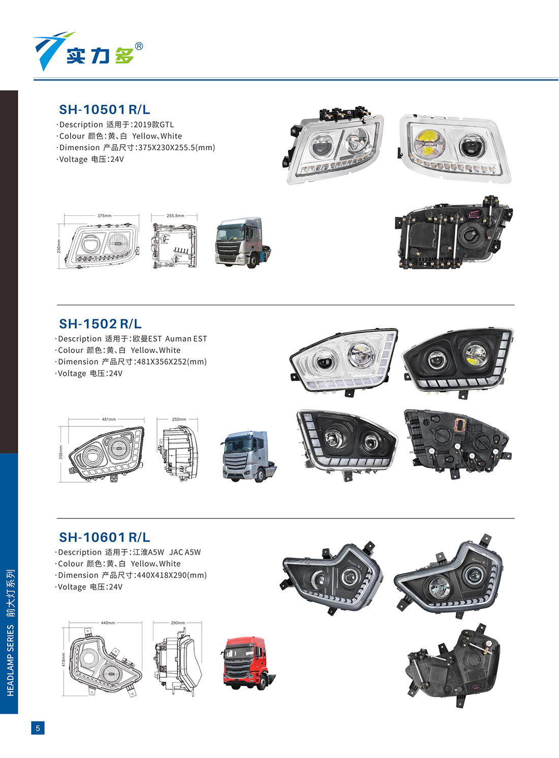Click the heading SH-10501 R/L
[104, 109]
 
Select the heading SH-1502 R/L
[100, 323]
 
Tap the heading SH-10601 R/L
[104, 537]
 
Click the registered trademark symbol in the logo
[139, 46]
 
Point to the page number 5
[38, 728]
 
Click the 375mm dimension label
[104, 216]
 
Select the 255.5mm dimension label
[175, 216]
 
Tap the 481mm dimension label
[109, 419]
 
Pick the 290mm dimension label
[178, 622]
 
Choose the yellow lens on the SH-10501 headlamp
[428, 142]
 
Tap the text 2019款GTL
[153, 124]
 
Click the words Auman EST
[186, 339]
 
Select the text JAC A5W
[185, 552]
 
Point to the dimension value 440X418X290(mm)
[172, 575]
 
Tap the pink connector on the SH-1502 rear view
[460, 425]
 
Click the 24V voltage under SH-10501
[117, 159]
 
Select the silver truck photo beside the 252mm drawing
[250, 456]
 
